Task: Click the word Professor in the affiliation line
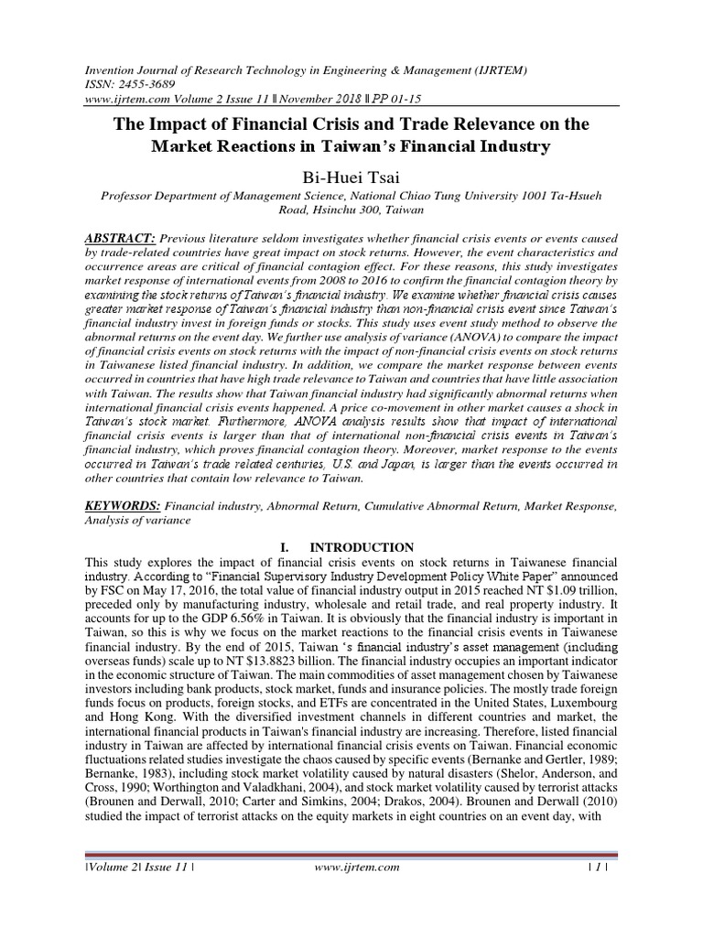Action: coord(133,195)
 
